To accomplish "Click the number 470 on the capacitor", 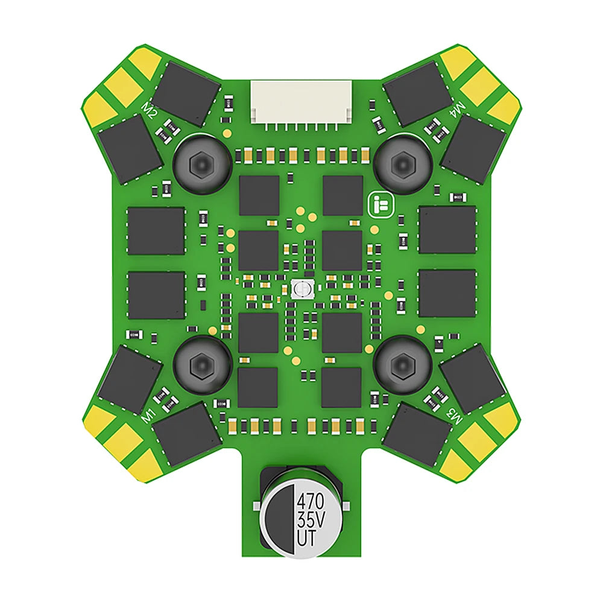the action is [311, 501].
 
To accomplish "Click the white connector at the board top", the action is [301, 103].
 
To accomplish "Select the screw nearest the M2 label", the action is [202, 164].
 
